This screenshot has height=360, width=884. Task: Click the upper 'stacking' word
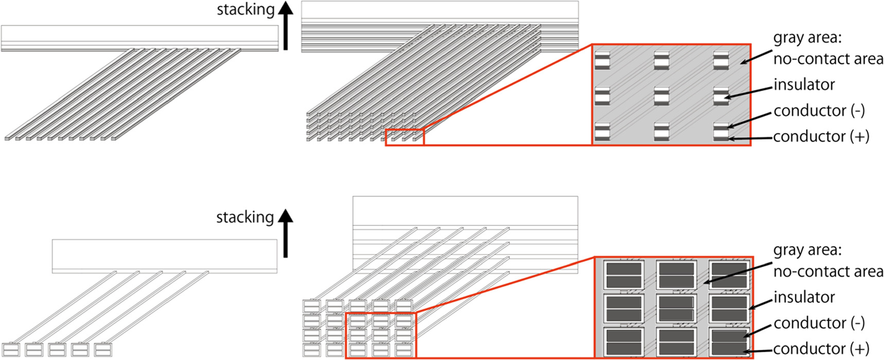(245, 10)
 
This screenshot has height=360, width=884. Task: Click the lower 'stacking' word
(245, 217)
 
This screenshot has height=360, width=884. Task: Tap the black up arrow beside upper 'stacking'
(285, 26)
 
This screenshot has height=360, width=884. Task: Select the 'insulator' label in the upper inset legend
(804, 84)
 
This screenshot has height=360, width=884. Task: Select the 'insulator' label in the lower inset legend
(804, 297)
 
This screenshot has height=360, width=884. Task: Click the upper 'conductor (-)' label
(819, 111)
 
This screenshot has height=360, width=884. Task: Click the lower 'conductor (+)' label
(821, 349)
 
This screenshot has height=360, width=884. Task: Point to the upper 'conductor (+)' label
(821, 136)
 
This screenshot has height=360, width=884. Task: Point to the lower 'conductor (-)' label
(819, 323)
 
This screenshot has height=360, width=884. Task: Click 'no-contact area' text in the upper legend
(828, 59)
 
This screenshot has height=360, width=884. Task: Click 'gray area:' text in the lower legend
(807, 250)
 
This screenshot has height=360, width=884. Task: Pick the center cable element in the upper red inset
(661, 96)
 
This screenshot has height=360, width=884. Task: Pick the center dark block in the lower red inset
(676, 308)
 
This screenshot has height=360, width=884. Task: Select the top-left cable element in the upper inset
(602, 60)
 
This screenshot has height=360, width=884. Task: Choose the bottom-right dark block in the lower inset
(729, 342)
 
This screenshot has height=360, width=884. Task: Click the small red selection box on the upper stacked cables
(405, 138)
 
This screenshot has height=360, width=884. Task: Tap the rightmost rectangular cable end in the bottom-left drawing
(103, 350)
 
